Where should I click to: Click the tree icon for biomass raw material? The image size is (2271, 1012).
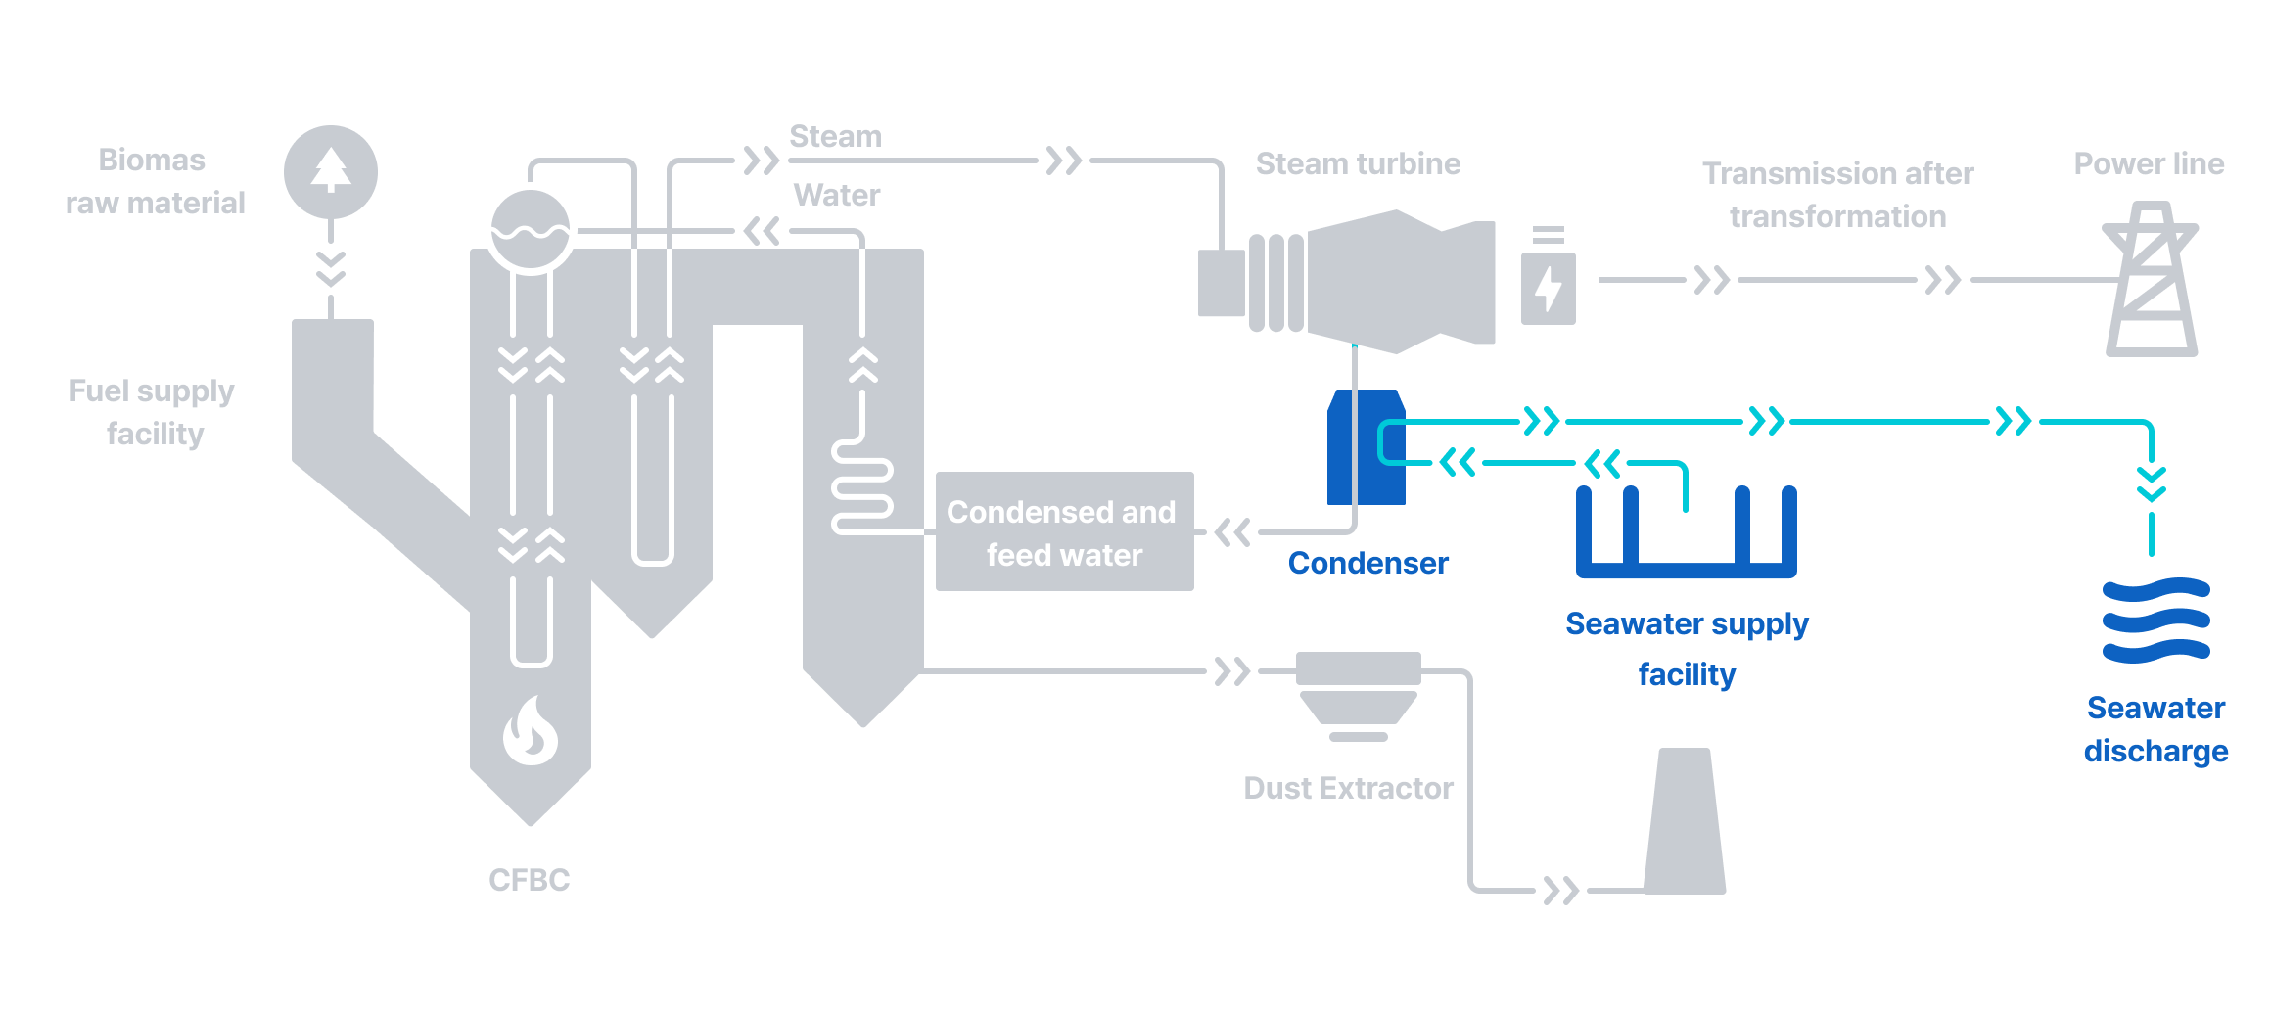pyautogui.click(x=331, y=171)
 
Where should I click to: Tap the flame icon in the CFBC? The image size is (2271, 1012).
pyautogui.click(x=531, y=730)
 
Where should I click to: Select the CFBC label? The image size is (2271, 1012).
pyautogui.click(x=529, y=880)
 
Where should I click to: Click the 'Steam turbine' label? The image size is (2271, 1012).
pyautogui.click(x=1358, y=163)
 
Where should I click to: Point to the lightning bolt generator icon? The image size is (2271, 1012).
pyautogui.click(x=1548, y=288)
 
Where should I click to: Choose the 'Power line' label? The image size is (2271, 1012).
pyautogui.click(x=2149, y=163)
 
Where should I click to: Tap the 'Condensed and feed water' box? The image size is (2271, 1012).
pyautogui.click(x=1064, y=532)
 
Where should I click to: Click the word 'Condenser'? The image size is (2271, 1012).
pyautogui.click(x=1367, y=563)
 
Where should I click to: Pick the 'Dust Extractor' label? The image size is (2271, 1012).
pyautogui.click(x=1348, y=788)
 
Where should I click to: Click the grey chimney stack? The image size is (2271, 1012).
pyautogui.click(x=1685, y=822)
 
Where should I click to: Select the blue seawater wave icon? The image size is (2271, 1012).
pyautogui.click(x=2155, y=621)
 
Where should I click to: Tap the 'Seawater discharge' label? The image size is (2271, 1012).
pyautogui.click(x=2155, y=729)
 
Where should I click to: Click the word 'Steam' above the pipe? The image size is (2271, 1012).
pyautogui.click(x=835, y=136)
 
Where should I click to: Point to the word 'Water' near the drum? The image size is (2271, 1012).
pyautogui.click(x=837, y=195)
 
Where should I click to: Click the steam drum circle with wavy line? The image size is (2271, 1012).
pyautogui.click(x=531, y=229)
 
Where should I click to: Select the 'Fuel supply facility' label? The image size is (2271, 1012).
pyautogui.click(x=153, y=412)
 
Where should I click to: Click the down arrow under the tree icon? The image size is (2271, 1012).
pyautogui.click(x=331, y=269)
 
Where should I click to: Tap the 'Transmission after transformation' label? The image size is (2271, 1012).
pyautogui.click(x=1837, y=195)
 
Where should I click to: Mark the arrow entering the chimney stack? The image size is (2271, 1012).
pyautogui.click(x=1560, y=891)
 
